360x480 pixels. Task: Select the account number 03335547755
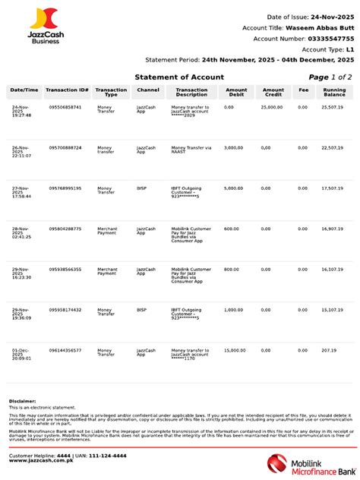tap(325, 38)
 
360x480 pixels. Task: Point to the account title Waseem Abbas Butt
tap(319, 27)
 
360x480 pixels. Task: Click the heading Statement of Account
tap(179, 77)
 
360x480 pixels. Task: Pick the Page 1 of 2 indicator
tap(330, 77)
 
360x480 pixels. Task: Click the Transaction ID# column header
tap(67, 90)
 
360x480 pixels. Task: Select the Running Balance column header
tap(334, 93)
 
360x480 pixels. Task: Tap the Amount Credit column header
tap(273, 93)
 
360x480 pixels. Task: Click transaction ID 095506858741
tap(65, 107)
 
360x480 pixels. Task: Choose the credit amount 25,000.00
tap(272, 107)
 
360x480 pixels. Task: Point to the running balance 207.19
tap(328, 350)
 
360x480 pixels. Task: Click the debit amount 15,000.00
tap(234, 350)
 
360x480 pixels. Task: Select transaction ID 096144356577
tap(65, 350)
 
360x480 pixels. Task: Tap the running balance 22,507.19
tap(332, 147)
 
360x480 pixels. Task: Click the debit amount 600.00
tap(231, 229)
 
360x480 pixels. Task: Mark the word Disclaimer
tap(22, 400)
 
